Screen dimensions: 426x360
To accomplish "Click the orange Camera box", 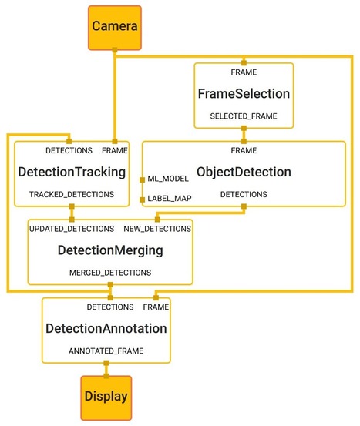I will click(114, 27).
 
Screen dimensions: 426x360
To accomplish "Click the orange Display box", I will click(106, 397).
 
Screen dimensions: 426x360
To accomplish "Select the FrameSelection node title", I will click(244, 94).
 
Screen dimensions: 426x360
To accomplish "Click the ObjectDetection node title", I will click(244, 172).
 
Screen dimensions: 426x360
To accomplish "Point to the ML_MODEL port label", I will click(168, 179).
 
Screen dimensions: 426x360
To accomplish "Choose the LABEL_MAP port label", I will click(169, 199).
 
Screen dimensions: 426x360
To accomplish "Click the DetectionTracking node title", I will click(71, 173).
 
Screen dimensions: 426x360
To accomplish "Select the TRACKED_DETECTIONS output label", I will click(71, 196).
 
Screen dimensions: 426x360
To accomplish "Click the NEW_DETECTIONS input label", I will click(159, 229).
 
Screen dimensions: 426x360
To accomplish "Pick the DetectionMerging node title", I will click(109, 250).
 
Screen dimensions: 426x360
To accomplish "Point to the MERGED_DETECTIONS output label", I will click(109, 273).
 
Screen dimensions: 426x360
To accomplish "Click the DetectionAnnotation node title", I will click(106, 328).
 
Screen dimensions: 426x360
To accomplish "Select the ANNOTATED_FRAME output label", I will click(106, 351).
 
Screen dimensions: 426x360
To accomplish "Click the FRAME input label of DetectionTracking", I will click(115, 150).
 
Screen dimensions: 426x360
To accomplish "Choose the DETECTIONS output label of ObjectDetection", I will click(244, 195).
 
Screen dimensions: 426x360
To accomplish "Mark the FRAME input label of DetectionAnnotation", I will click(156, 307).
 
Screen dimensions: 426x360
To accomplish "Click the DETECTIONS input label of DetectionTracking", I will click(69, 150).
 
